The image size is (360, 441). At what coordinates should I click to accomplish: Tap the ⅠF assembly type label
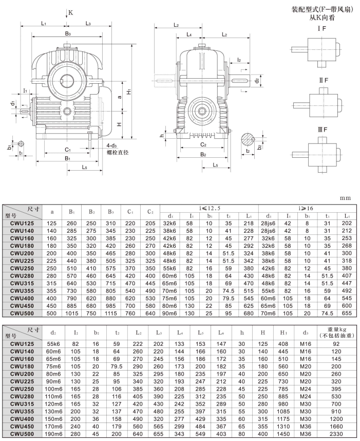[x=322, y=29]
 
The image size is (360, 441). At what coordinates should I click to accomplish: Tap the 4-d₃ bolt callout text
[x=118, y=146]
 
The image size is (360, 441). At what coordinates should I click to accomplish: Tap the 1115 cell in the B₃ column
[x=112, y=314]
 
